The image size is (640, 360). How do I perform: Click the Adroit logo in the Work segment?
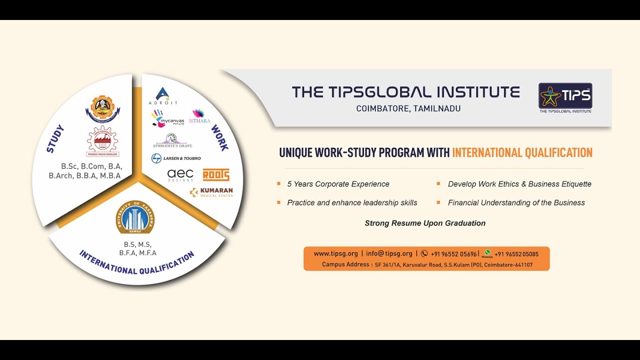pyautogui.click(x=163, y=95)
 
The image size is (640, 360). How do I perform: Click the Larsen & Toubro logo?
pyautogui.click(x=176, y=158)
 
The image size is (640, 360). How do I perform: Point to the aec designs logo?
pyautogui.click(x=180, y=175)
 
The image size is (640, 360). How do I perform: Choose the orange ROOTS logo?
pyautogui.click(x=216, y=174)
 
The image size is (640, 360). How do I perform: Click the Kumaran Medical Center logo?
pyautogui.click(x=211, y=192)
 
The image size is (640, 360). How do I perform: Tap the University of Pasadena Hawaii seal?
pyautogui.click(x=135, y=217)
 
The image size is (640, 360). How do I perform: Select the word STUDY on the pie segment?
pyautogui.click(x=55, y=138)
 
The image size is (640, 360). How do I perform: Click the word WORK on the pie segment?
pyautogui.click(x=219, y=137)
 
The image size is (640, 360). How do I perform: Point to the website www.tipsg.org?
pyautogui.click(x=335, y=254)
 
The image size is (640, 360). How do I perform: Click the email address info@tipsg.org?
pyautogui.click(x=389, y=254)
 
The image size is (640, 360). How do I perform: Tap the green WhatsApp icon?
pyautogui.click(x=487, y=253)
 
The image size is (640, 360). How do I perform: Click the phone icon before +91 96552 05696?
pyautogui.click(x=424, y=254)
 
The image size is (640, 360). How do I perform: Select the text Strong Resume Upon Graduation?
pyautogui.click(x=425, y=223)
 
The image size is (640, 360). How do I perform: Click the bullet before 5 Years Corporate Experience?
pyautogui.click(x=279, y=184)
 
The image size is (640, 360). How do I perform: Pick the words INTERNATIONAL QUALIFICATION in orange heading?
pyautogui.click(x=522, y=152)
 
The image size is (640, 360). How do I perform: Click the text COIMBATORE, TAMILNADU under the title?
pyautogui.click(x=408, y=108)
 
